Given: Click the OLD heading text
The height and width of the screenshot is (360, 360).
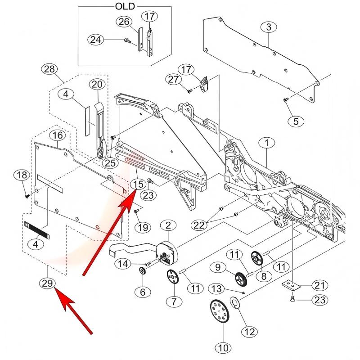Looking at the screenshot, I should click(x=125, y=7).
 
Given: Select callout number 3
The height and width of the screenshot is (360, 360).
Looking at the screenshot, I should click(x=269, y=27).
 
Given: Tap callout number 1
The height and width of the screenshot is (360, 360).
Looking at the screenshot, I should click(x=266, y=143).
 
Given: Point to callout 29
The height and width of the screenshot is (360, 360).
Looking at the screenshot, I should click(x=47, y=283).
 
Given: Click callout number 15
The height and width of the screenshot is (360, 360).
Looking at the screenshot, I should click(x=138, y=184).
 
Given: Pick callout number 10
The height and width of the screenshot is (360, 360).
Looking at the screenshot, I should click(x=224, y=347).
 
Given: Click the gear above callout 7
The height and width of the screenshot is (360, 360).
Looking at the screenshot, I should click(x=172, y=277).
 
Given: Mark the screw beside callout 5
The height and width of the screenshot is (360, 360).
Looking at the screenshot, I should click(x=285, y=100).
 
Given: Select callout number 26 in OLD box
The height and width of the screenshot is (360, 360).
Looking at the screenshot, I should click(x=125, y=22).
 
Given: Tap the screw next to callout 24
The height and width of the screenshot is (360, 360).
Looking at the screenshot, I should click(x=127, y=41).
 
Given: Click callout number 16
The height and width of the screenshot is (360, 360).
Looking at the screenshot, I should click(x=57, y=135).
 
